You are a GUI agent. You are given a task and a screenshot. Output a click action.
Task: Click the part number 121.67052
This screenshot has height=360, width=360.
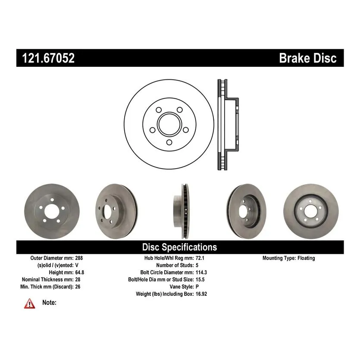(x=48, y=58)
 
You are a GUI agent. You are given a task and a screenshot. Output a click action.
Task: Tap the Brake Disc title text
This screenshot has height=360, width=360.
(x=308, y=58)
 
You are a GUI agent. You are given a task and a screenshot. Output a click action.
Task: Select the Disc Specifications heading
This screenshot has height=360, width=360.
(x=179, y=247)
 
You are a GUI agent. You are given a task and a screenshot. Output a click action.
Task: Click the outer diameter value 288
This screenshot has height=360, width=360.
(x=79, y=258)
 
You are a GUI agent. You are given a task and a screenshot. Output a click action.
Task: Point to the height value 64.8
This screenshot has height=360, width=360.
(x=80, y=272)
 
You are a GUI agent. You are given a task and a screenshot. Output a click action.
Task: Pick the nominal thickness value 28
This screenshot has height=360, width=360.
(x=78, y=279)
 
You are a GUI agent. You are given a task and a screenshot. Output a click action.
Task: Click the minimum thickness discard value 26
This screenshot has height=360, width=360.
(x=78, y=287)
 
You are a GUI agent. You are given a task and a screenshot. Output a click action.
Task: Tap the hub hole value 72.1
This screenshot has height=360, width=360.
(x=200, y=258)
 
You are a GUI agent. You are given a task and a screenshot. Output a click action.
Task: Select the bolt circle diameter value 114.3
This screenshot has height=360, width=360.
(x=201, y=272)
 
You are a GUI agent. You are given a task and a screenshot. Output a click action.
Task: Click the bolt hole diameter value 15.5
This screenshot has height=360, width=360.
(x=200, y=279)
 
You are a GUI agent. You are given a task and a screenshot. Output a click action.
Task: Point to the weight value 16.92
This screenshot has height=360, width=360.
(x=201, y=294)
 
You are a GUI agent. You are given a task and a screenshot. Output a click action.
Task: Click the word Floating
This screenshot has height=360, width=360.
(x=306, y=258)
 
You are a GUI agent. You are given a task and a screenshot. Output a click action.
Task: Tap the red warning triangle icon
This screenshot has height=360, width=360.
(x=30, y=304)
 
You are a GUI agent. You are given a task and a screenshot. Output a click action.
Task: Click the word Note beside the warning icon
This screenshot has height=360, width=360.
(x=49, y=302)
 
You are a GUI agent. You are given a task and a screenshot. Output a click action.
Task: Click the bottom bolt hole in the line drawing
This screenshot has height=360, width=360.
(x=169, y=142)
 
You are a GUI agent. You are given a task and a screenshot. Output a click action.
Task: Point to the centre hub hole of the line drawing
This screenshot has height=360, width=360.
(x=169, y=124)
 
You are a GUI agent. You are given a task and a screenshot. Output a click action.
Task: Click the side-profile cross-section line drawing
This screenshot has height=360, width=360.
(x=228, y=125)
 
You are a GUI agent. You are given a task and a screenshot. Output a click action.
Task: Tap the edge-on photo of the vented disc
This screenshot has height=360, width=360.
(x=182, y=211)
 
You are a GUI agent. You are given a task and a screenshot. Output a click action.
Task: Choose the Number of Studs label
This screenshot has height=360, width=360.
(x=175, y=265)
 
